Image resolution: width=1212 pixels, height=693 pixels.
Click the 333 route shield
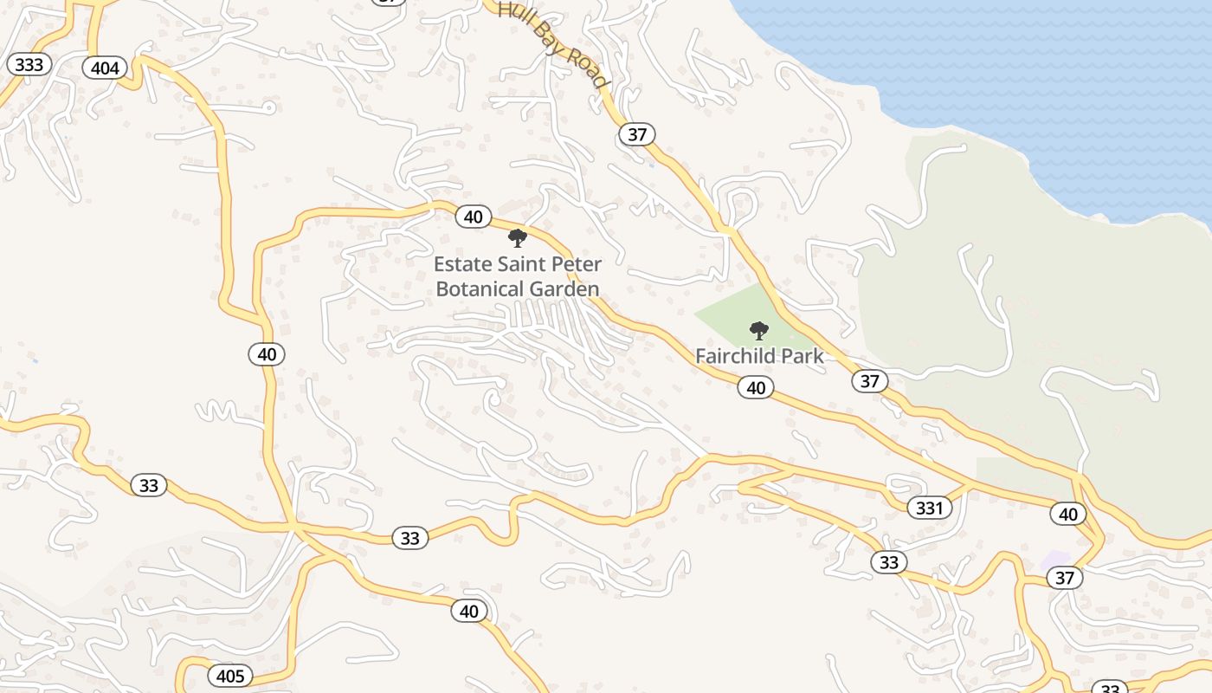click(x=29, y=64)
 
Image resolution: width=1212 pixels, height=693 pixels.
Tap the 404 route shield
click(x=105, y=67)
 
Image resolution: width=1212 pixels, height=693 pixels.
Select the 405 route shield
click(x=230, y=676)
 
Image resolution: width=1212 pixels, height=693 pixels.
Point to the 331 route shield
click(x=928, y=508)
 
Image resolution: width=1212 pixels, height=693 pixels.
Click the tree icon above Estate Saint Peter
click(x=518, y=237)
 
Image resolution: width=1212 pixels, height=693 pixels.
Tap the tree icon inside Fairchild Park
click(x=759, y=330)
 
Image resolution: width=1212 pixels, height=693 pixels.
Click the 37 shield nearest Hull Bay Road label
click(x=637, y=134)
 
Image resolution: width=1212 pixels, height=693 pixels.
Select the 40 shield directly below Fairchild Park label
click(x=756, y=387)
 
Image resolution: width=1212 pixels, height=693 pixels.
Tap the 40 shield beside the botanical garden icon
click(x=473, y=216)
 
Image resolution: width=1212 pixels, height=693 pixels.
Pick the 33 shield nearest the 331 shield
click(x=889, y=562)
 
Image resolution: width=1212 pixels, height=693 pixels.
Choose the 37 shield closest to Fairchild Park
click(x=870, y=380)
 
